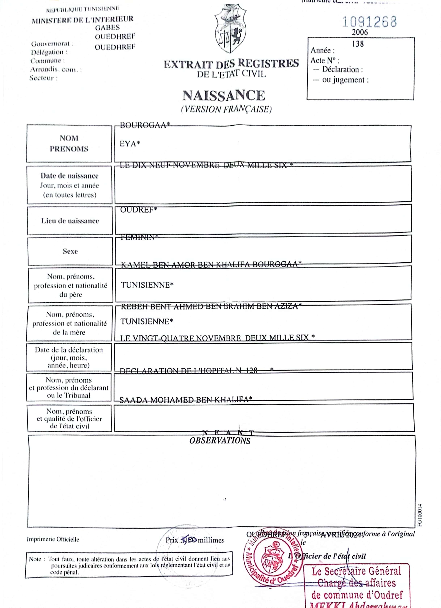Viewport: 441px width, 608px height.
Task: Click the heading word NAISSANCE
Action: tap(224, 96)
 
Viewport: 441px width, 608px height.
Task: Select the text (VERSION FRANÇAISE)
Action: tap(226, 109)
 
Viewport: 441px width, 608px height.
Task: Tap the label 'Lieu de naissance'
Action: tap(70, 221)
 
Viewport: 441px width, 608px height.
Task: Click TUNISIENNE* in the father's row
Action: tap(147, 285)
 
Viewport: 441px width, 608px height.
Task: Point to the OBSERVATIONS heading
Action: tap(220, 441)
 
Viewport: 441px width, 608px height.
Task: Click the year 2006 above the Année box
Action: tap(360, 32)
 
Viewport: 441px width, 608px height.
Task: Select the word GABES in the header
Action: tap(107, 28)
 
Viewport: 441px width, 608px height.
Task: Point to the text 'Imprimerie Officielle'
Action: tap(53, 539)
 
